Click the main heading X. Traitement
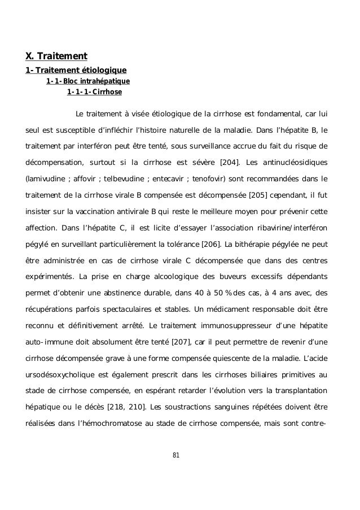point(56,56)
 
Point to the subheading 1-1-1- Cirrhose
point(94,92)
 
